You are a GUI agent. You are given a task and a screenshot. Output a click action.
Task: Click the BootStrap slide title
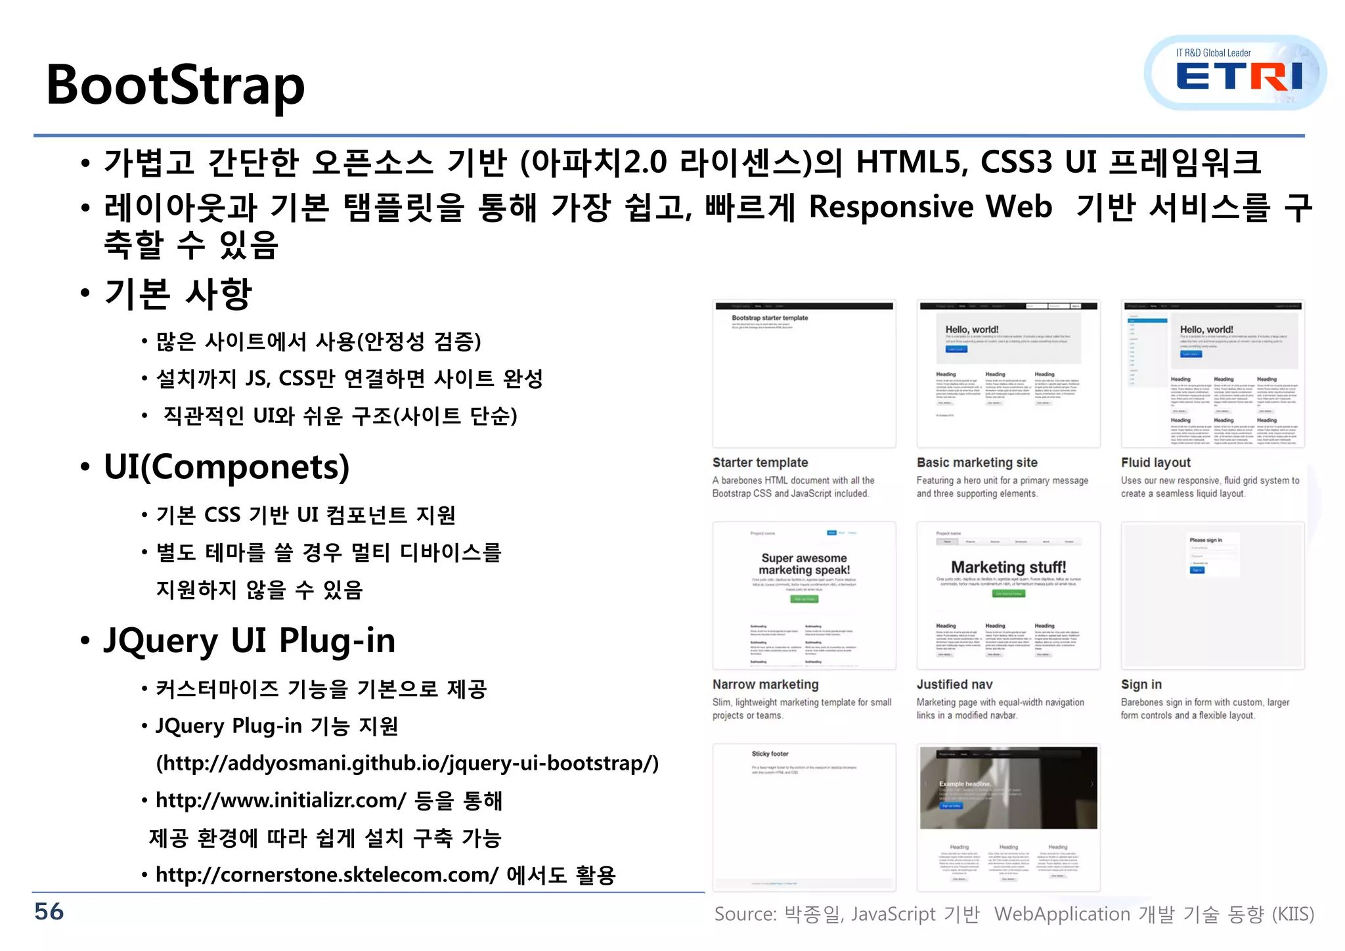(x=175, y=85)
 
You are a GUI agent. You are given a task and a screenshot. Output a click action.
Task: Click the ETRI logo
(x=1237, y=74)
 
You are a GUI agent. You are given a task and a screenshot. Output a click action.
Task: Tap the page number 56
(x=49, y=912)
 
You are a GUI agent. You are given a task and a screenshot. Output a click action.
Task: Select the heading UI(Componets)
(x=227, y=467)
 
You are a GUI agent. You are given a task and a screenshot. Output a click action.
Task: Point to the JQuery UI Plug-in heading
(x=250, y=640)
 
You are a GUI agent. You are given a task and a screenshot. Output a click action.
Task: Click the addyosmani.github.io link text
(x=407, y=763)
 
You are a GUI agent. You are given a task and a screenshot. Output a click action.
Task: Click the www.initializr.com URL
(x=281, y=801)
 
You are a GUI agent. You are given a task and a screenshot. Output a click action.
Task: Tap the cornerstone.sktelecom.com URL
(x=327, y=875)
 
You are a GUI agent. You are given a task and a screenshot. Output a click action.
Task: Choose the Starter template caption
(x=760, y=462)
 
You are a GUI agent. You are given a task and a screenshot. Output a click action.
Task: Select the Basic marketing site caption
(x=977, y=462)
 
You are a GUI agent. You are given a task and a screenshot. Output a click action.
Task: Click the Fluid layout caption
(x=1155, y=462)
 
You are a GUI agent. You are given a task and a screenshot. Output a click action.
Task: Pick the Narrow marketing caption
(x=765, y=684)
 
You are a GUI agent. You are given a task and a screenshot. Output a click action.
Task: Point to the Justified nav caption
(x=954, y=684)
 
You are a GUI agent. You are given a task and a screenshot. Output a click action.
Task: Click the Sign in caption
(x=1141, y=684)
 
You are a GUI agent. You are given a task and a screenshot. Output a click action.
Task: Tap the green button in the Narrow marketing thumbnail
(x=804, y=599)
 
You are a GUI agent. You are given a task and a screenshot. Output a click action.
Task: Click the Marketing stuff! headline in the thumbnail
(x=1008, y=567)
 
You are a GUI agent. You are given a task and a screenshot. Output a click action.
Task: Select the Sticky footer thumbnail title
(x=770, y=754)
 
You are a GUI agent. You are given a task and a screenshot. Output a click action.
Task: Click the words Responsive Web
(x=930, y=207)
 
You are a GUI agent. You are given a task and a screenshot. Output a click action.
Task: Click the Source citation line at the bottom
(x=1013, y=914)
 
